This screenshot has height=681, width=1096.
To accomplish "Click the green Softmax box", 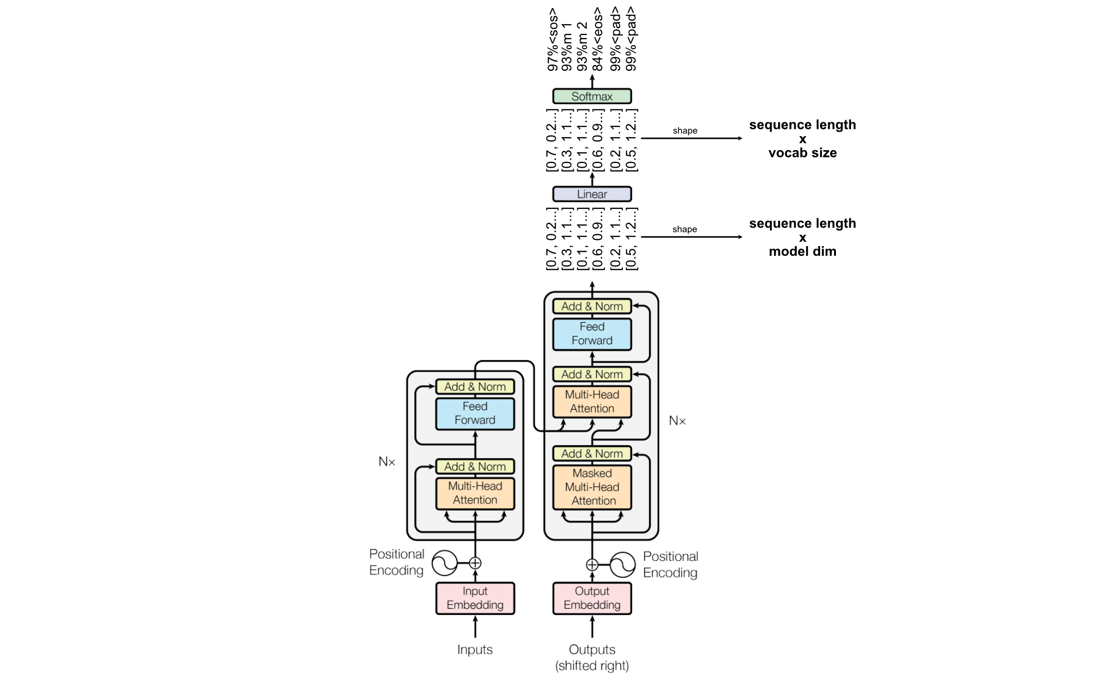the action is (x=592, y=96).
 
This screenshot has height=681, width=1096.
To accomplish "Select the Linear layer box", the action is (x=592, y=194).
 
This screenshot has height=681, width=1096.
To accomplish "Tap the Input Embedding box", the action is (x=475, y=598).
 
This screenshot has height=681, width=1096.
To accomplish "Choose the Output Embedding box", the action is (x=592, y=598).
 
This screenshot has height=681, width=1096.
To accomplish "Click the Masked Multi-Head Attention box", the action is (x=592, y=487).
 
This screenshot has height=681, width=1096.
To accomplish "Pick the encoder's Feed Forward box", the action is (x=475, y=413).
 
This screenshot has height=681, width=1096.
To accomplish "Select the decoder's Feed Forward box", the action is (x=592, y=334).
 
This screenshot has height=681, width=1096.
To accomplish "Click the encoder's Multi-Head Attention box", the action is (x=475, y=493).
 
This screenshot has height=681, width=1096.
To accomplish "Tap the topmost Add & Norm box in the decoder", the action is (x=592, y=306).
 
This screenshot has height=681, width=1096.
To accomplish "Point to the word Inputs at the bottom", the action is (x=475, y=650).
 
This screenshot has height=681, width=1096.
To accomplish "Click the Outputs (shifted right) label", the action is (x=592, y=657).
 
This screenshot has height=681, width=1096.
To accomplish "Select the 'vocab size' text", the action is (x=802, y=153).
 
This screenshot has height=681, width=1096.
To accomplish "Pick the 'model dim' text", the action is (x=802, y=252).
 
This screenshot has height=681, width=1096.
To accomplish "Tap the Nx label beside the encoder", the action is (x=386, y=462).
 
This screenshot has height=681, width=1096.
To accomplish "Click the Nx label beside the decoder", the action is (x=677, y=421).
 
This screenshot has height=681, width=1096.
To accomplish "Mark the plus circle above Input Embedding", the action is (x=475, y=563).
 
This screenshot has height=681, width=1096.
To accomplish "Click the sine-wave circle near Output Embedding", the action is (x=623, y=565).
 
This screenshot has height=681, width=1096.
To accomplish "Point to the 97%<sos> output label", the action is (x=553, y=39).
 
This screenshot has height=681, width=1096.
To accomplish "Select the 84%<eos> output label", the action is (x=598, y=39).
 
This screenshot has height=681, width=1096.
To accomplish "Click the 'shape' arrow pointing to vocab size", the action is (x=691, y=138).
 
